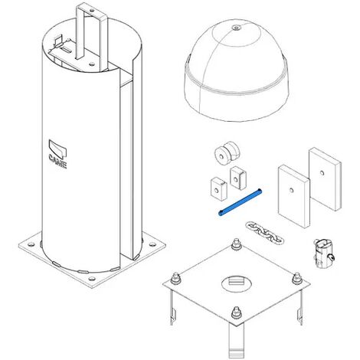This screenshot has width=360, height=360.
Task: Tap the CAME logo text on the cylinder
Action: tap(58, 161)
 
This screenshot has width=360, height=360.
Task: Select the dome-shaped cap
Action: tap(236, 70)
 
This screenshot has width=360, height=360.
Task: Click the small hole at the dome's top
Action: tap(236, 28)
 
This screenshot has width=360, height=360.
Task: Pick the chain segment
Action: tap(264, 233)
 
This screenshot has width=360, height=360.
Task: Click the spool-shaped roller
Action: tap(227, 153)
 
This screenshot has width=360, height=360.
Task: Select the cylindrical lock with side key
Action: tap(323, 253)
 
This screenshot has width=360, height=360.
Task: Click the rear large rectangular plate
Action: tap(325, 178)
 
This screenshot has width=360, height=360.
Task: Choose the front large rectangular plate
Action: tap(293, 196)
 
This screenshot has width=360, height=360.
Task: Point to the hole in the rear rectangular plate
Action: tap(322, 173)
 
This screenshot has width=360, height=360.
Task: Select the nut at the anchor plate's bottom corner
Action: tap(236, 313)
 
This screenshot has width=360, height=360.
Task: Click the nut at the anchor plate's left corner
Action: tap(175, 278)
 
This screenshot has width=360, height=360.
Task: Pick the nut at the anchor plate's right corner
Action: tap(297, 278)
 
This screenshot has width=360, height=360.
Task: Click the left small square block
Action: tap(219, 188)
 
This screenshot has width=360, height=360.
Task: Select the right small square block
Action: tap(238, 178)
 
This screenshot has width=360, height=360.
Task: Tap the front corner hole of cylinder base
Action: tap(92, 278)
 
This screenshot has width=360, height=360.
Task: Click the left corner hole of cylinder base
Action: tap(31, 244)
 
